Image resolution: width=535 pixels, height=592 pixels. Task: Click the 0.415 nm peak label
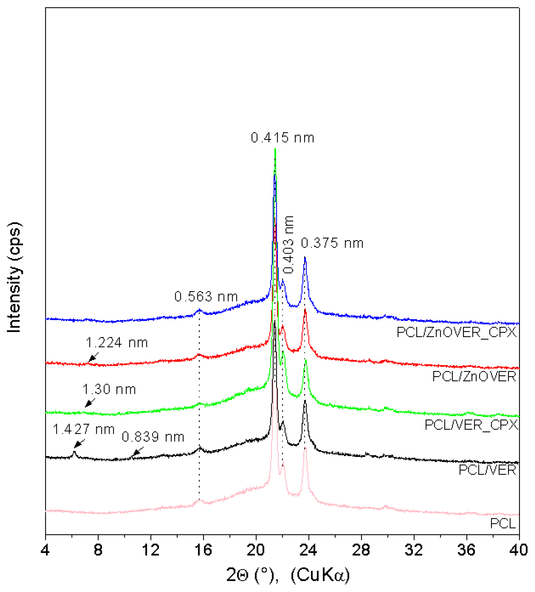click(282, 138)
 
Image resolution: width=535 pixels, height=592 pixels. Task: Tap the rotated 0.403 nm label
click(289, 244)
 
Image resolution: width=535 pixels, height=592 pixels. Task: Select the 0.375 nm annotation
click(332, 243)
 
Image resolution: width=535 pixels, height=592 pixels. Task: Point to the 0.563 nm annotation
click(206, 297)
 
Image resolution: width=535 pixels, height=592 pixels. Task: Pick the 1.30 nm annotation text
click(109, 389)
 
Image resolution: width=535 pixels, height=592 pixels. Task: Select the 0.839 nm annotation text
click(153, 437)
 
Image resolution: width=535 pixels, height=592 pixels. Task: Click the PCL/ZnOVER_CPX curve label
click(456, 332)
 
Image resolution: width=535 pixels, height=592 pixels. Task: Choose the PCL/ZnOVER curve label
click(474, 377)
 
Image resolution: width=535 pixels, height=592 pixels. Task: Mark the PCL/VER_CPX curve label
click(471, 425)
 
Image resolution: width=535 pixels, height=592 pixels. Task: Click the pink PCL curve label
click(503, 524)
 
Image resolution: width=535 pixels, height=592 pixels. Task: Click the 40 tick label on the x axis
click(519, 550)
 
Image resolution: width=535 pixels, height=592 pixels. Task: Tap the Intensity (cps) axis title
click(14, 278)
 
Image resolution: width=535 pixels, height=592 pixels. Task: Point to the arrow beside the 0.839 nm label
click(138, 451)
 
